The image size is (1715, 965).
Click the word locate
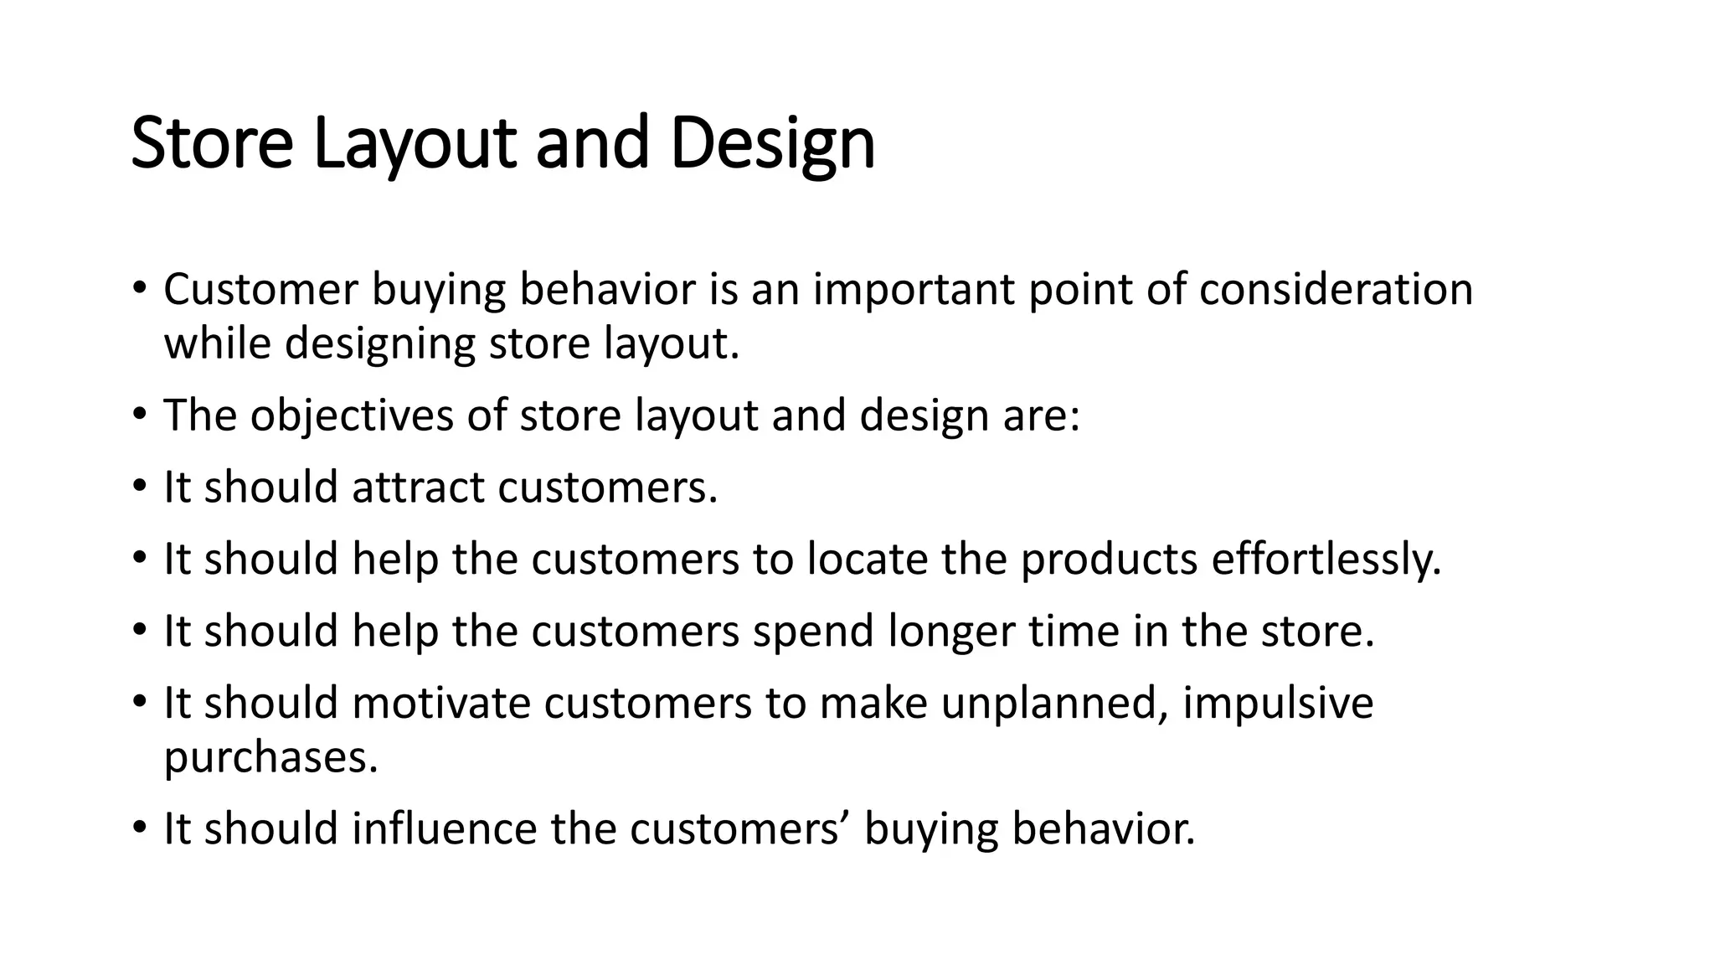(x=867, y=560)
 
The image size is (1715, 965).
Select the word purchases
(x=270, y=757)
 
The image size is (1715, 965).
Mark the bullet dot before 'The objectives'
(x=139, y=415)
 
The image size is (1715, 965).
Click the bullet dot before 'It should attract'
(x=139, y=488)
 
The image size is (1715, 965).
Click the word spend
(x=813, y=631)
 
